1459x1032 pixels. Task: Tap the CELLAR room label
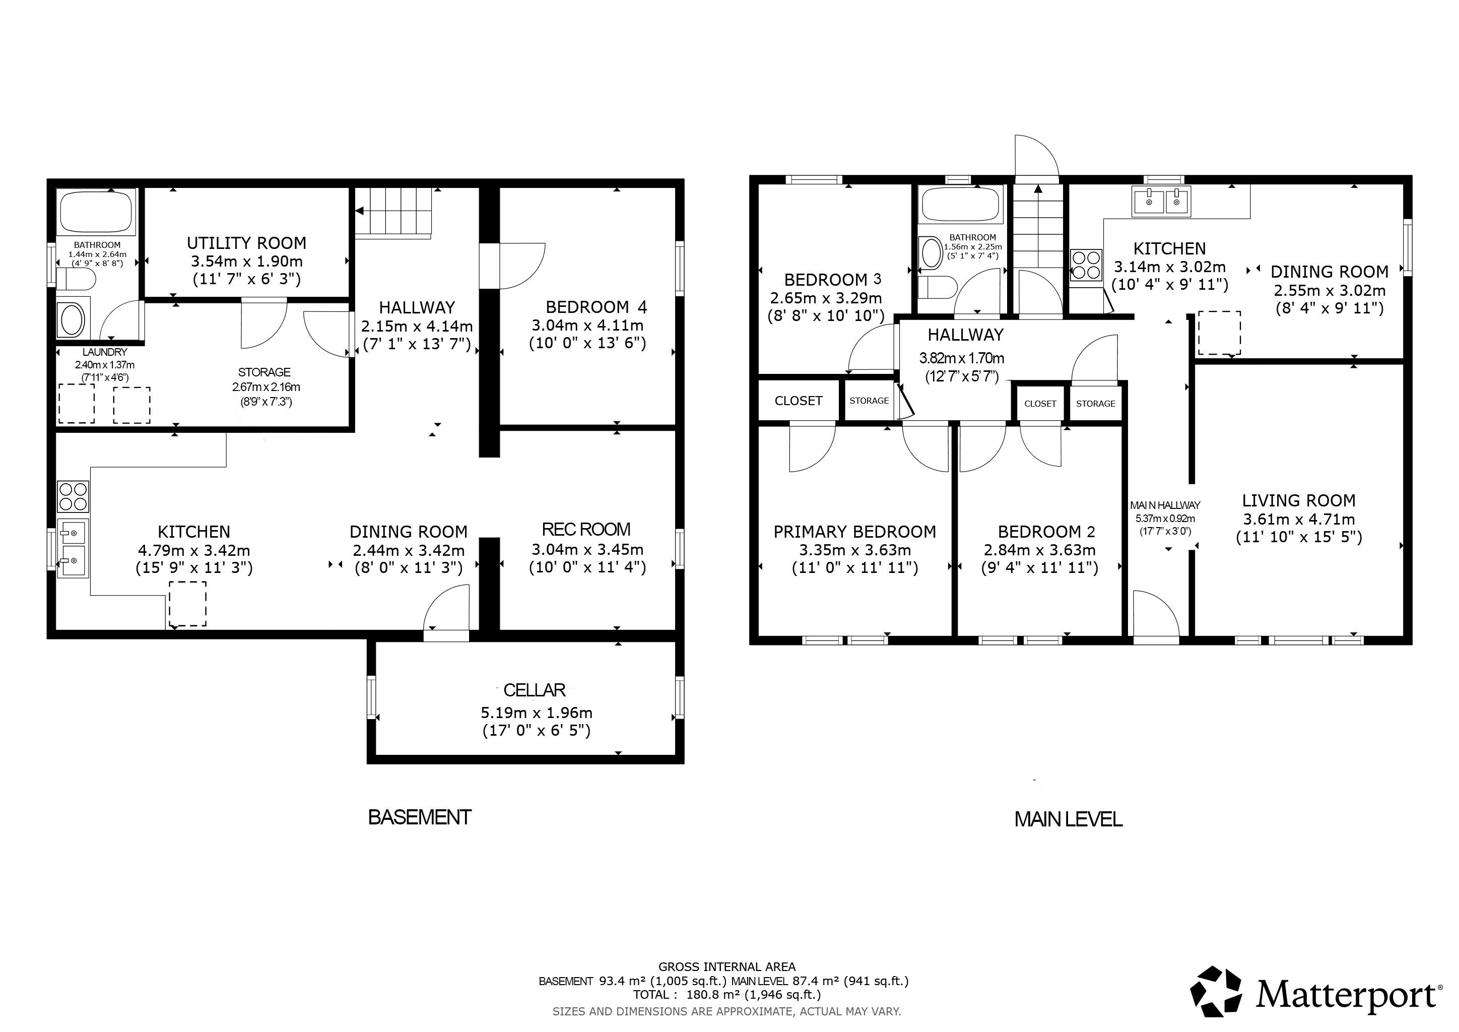pos(534,690)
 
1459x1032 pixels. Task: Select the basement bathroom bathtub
pos(97,212)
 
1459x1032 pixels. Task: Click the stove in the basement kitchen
pos(73,497)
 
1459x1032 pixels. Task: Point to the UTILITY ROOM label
pos(246,243)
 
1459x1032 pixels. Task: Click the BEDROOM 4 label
pos(596,307)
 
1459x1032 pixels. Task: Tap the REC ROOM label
pos(586,529)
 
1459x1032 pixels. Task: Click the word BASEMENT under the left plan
pos(419,817)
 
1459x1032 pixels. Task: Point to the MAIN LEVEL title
pos(1068,820)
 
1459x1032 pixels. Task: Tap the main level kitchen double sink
pos(1161,202)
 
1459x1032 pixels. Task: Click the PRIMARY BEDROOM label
pos(854,532)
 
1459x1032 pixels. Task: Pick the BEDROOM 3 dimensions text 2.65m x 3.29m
pos(826,298)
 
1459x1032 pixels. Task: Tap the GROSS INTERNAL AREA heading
pos(727,967)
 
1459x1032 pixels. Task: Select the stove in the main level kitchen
pos(1086,265)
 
